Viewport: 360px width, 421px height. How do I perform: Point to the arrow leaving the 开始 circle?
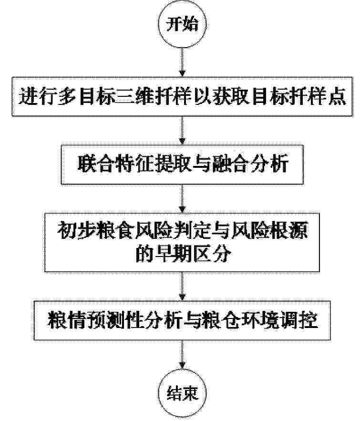[x=182, y=62]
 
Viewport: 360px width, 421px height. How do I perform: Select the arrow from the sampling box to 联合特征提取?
[x=182, y=131]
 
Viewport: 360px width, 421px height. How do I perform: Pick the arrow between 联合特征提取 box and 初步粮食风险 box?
[x=182, y=199]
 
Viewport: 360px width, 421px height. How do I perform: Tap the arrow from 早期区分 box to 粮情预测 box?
[x=182, y=286]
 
